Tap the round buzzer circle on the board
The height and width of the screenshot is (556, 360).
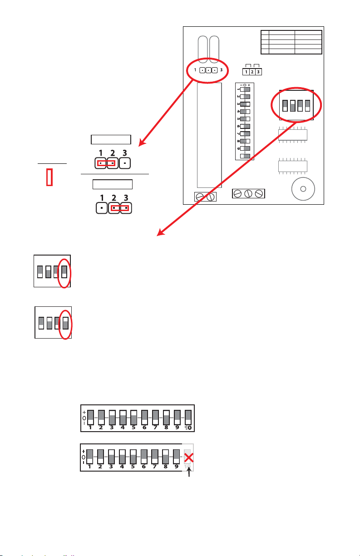pos(303,188)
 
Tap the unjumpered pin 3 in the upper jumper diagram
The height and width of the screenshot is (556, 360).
pos(126,162)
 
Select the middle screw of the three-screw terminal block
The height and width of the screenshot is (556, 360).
pos(248,193)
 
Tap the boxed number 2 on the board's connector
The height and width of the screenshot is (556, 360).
pos(252,72)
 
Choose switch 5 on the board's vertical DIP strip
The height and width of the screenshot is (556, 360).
pos(245,118)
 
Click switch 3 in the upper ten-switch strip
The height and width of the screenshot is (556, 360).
pos(112,417)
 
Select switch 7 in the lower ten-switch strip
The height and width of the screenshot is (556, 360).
pos(155,456)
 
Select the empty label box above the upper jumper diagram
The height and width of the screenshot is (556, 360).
pos(111,139)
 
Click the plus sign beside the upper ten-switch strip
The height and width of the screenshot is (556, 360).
pos(84,411)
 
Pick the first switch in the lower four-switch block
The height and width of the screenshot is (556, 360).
pos(41,323)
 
